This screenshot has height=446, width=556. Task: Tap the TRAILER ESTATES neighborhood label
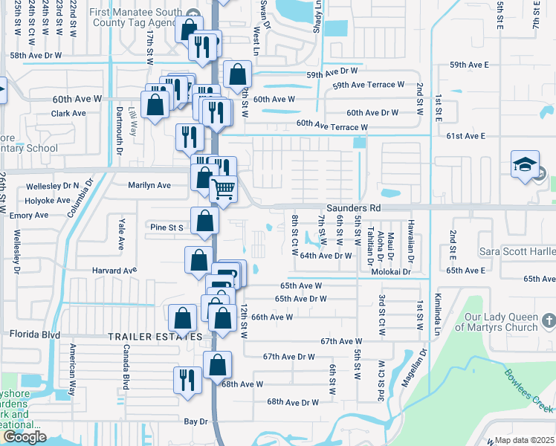[144, 337]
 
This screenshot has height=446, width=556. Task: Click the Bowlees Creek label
[528, 391]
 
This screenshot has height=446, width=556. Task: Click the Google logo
[25, 437]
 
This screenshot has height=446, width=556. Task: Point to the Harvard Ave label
[114, 270]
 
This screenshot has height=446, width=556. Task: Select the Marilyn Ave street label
[149, 185]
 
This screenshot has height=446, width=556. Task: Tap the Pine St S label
[167, 227]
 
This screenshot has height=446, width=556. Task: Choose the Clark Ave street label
[68, 114]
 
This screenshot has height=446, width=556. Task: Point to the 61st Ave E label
[466, 136]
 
